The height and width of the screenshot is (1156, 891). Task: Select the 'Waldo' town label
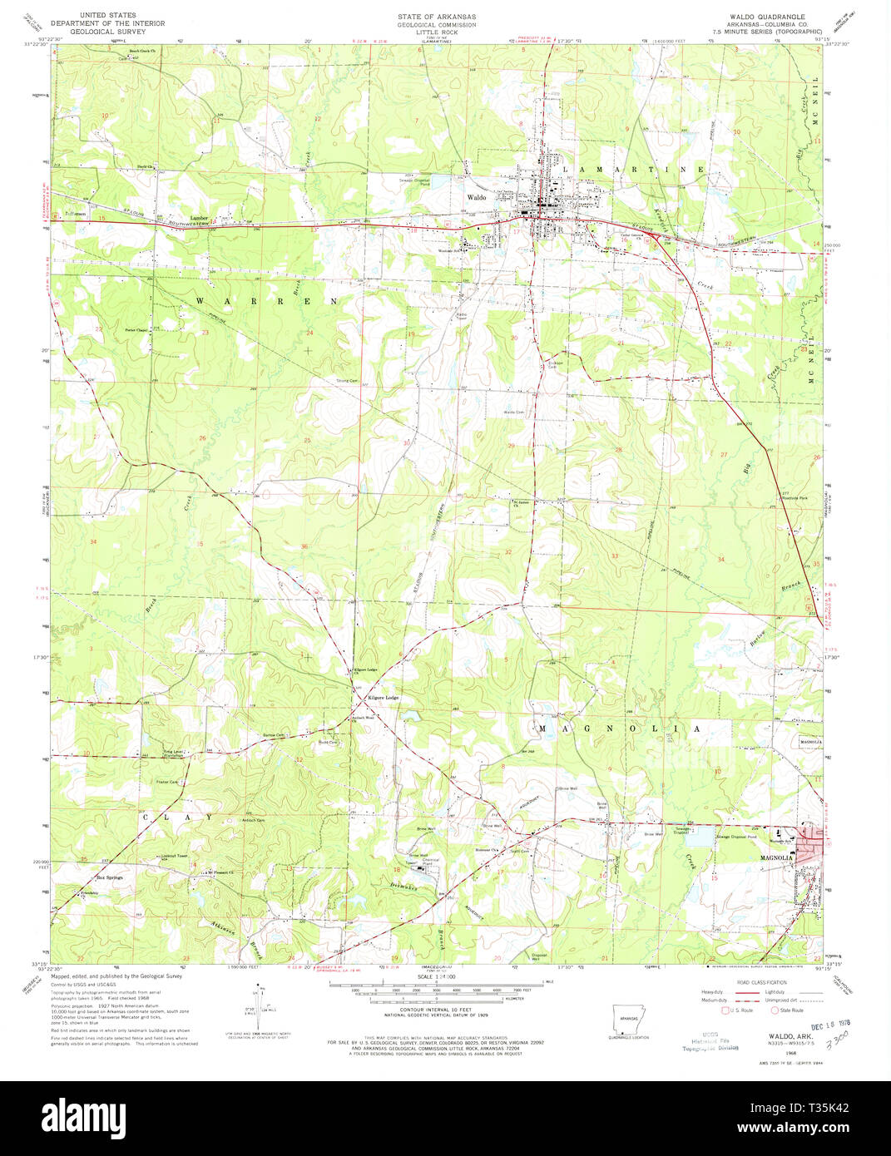coord(476,198)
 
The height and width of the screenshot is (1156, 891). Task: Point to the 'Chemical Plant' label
coord(418,861)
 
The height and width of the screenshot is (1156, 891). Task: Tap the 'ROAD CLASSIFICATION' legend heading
coord(760,982)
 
